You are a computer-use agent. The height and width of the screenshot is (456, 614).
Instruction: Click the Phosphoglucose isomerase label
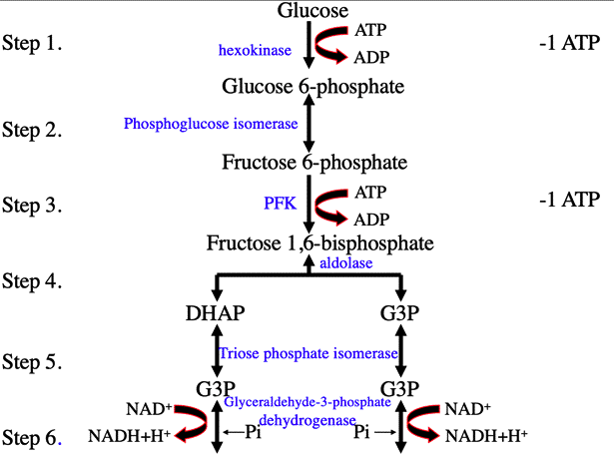[211, 125]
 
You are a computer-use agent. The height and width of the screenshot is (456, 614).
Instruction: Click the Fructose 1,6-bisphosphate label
[319, 242]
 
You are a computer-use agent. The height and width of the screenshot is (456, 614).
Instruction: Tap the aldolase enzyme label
[346, 262]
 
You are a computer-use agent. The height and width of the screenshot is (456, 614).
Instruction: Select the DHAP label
[215, 313]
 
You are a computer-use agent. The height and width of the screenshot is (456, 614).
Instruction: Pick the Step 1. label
[32, 45]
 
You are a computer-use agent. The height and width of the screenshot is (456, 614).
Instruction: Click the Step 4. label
[32, 281]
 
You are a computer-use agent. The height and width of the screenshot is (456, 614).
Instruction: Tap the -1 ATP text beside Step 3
[568, 200]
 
